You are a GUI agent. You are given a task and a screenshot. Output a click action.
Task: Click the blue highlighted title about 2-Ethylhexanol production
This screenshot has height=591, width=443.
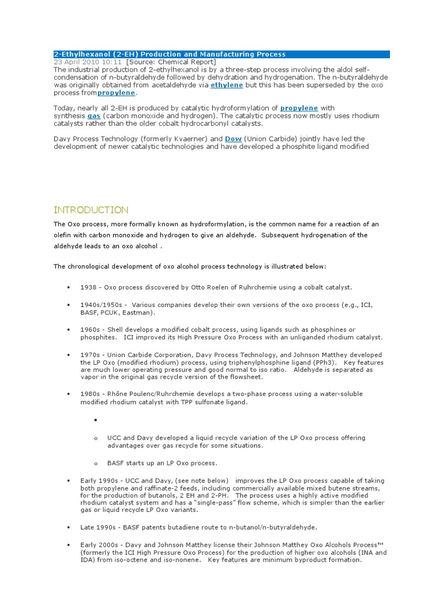coord(170,54)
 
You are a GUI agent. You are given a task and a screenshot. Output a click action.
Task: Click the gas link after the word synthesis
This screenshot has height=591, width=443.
coord(93,115)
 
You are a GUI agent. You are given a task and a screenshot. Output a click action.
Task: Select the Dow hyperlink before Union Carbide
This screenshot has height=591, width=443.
coord(233,139)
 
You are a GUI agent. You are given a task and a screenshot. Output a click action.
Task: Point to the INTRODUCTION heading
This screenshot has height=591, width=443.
coord(91,210)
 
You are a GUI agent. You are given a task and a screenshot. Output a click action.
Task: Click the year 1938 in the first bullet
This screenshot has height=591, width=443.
coord(89,287)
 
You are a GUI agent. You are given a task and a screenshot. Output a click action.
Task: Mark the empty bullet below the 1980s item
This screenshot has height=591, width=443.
coord(93,420)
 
